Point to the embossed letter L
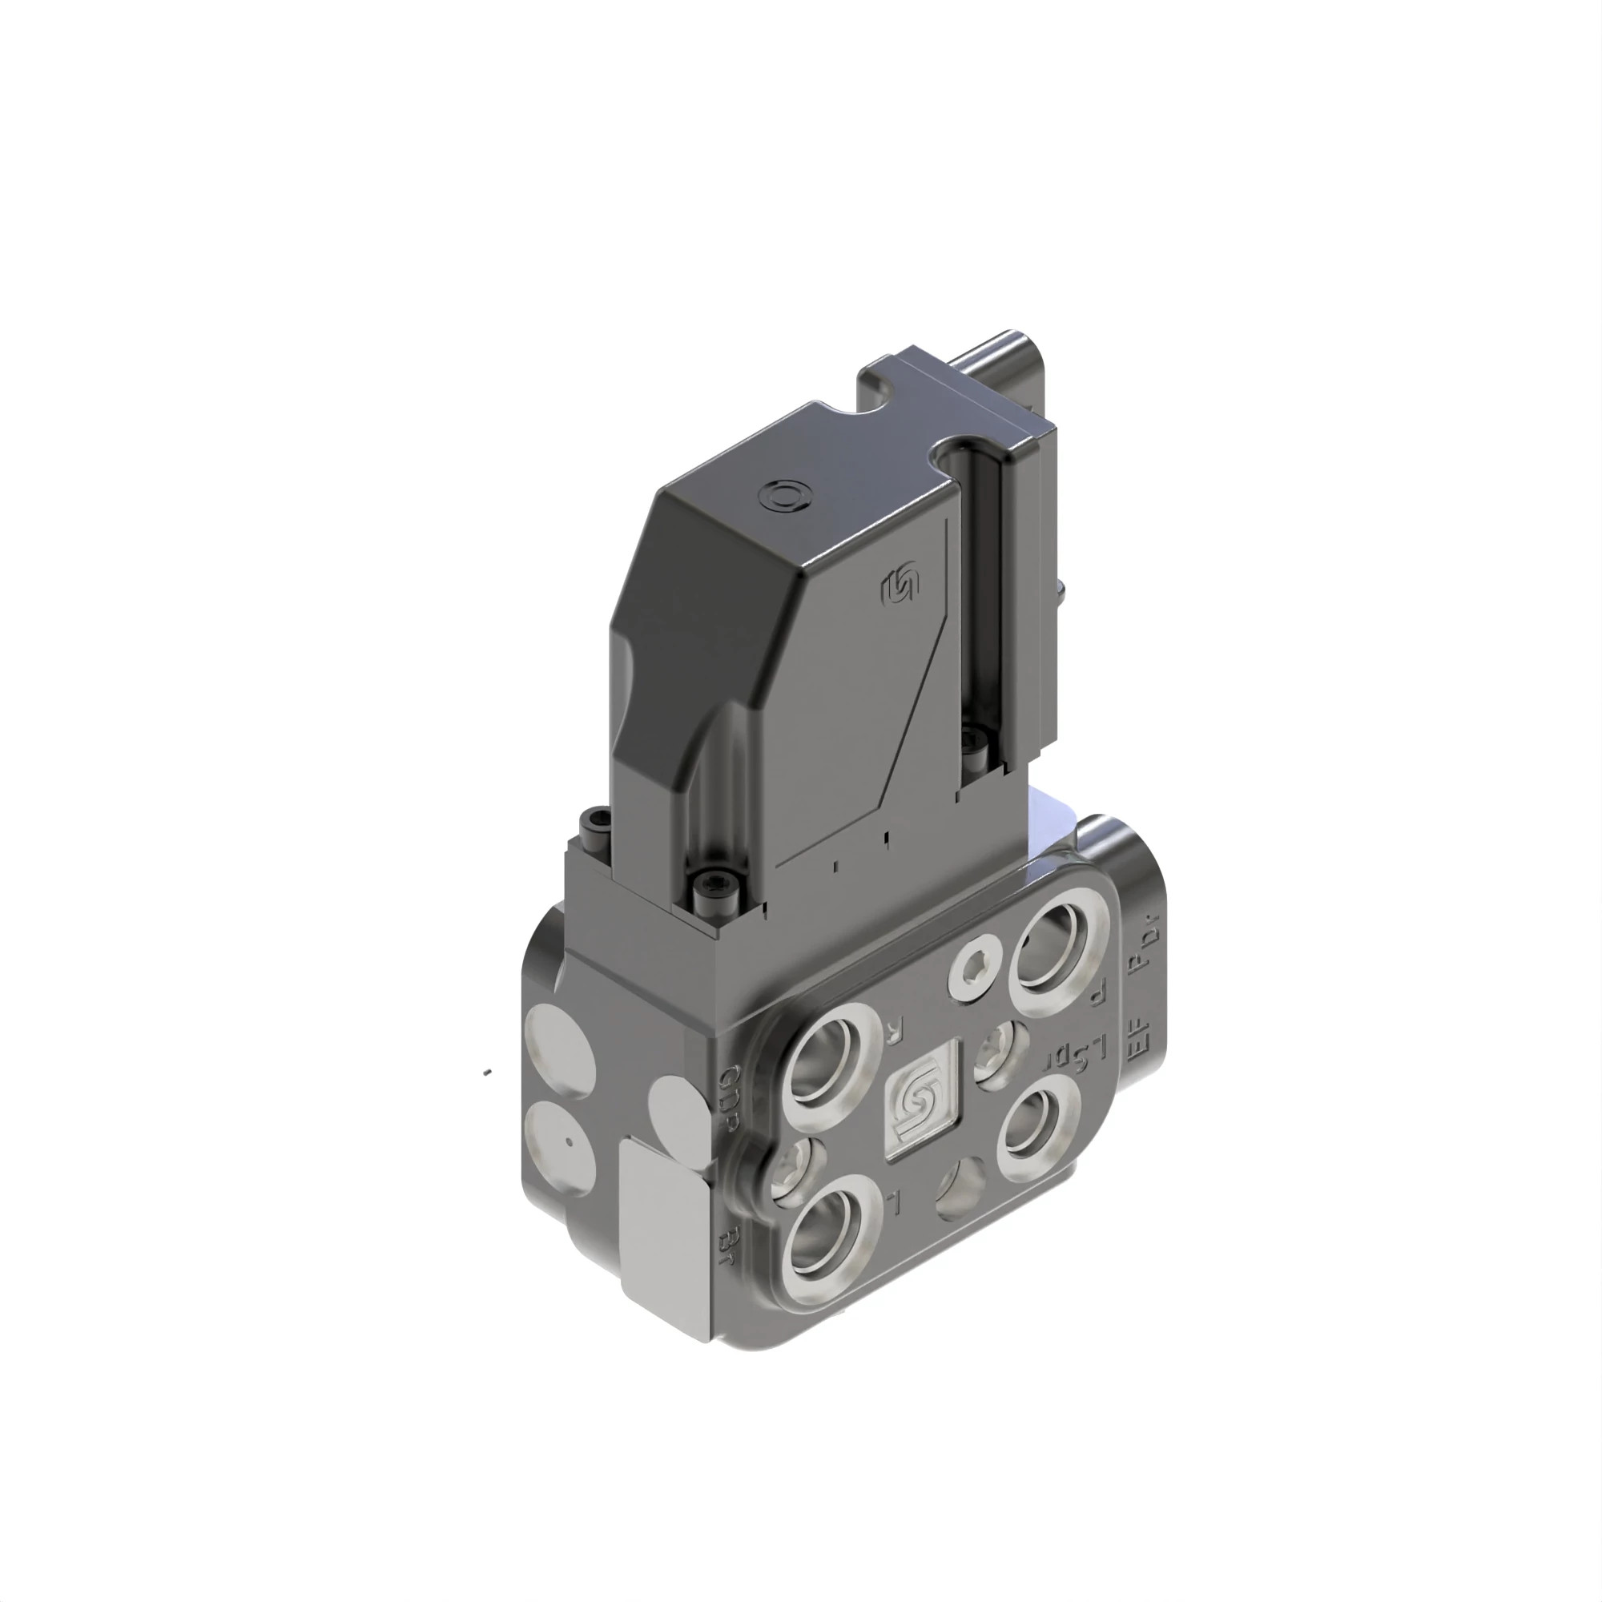coord(892,1200)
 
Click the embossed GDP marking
coord(730,1099)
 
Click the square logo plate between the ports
coord(921,1102)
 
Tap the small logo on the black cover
coord(899,586)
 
